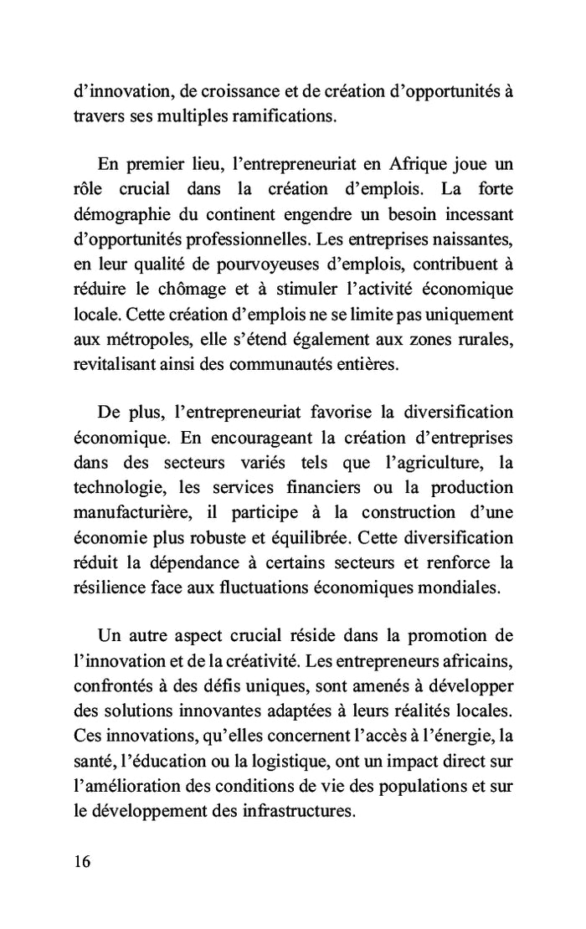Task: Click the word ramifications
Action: click(x=282, y=116)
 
